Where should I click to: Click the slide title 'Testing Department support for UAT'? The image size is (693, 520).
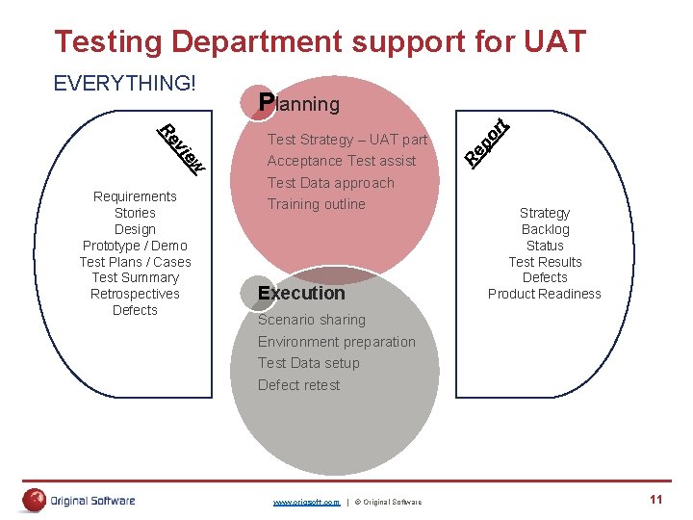point(320,41)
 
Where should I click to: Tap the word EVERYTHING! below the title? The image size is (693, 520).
point(124,83)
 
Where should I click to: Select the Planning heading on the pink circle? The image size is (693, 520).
point(299,103)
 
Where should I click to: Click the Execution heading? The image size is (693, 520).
point(301,293)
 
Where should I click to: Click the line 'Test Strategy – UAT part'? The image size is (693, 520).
point(346,140)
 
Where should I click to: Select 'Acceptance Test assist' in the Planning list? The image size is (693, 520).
point(341,161)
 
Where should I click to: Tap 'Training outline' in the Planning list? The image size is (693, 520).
point(316,204)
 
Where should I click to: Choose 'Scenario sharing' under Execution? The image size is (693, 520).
point(311,320)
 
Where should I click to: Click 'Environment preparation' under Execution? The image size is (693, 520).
point(336,342)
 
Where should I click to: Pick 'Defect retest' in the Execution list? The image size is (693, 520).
point(298,385)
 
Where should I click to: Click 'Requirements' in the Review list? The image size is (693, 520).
point(135,196)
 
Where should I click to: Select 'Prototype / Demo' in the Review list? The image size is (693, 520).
point(135,246)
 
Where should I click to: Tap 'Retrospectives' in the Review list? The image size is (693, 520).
point(135,294)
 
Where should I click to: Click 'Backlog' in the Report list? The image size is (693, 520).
point(545,229)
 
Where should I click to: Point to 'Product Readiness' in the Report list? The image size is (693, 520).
point(545,294)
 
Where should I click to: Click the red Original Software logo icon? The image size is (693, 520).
point(35,500)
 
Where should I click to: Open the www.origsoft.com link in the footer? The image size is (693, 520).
point(306,503)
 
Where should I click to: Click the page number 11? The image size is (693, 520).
point(656,499)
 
